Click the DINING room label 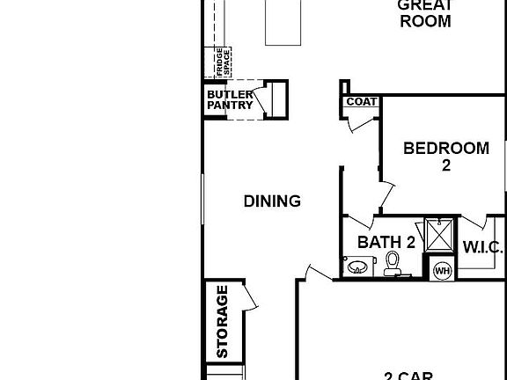[x=272, y=201]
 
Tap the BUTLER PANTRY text [x=230, y=100]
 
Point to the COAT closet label [x=361, y=102]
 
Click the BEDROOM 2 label [x=445, y=156]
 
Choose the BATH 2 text [x=386, y=243]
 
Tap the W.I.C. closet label [x=482, y=246]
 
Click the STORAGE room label [x=222, y=321]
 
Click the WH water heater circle [x=441, y=270]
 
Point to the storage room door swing [x=249, y=297]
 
